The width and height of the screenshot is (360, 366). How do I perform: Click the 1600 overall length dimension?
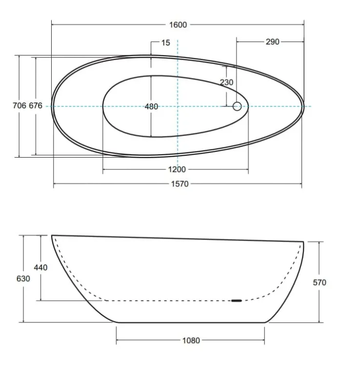[x=178, y=25]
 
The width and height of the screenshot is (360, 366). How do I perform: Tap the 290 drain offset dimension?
[x=273, y=42]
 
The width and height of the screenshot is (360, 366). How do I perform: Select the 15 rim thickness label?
[x=166, y=43]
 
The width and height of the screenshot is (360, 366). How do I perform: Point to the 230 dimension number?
[x=226, y=82]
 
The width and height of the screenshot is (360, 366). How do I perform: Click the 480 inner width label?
[x=151, y=107]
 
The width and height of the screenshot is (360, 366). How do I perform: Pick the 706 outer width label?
[x=20, y=105]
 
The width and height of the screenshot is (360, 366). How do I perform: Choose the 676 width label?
[x=36, y=105]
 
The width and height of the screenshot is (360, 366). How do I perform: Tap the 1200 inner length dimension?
[x=177, y=169]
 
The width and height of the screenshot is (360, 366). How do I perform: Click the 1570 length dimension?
[x=180, y=184]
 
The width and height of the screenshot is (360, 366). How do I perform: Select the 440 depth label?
[x=40, y=267]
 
